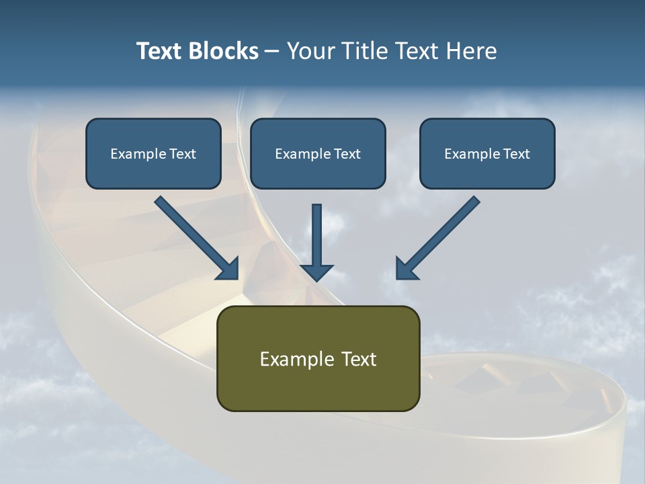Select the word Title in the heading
click(363, 51)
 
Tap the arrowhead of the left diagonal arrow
click(228, 269)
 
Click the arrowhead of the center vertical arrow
click(316, 272)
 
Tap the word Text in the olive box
click(358, 359)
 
